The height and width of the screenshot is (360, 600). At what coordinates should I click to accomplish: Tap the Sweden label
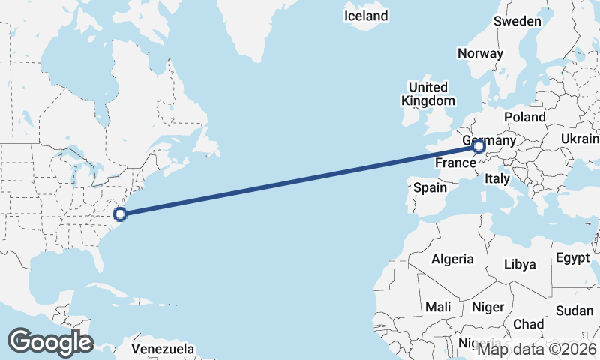point(517,21)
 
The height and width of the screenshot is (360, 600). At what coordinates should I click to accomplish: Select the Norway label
point(479,53)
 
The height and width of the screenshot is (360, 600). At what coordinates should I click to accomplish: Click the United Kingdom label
point(427,94)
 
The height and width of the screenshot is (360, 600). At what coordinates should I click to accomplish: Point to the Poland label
point(525,117)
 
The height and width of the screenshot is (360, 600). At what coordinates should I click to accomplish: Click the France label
point(454,162)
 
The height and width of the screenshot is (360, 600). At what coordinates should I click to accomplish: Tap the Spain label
point(430,187)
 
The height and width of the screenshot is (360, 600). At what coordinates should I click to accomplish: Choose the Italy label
point(497,178)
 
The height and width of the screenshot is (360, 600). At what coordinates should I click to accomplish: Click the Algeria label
point(452,259)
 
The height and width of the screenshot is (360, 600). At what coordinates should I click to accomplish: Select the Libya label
point(520,264)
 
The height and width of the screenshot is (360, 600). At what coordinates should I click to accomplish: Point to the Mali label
point(438,307)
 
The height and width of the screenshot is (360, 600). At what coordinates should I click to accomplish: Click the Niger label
point(487,307)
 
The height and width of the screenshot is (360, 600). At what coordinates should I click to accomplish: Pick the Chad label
point(529,324)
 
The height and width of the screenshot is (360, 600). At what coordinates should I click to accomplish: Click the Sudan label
point(574,310)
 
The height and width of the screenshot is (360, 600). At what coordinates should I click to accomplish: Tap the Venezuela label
point(163,349)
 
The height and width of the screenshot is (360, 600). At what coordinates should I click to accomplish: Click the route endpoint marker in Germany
point(478,146)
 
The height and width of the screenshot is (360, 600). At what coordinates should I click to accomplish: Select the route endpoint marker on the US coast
point(120,214)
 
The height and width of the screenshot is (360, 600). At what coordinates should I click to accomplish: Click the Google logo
point(50,342)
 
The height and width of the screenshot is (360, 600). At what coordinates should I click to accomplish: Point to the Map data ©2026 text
point(538,349)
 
